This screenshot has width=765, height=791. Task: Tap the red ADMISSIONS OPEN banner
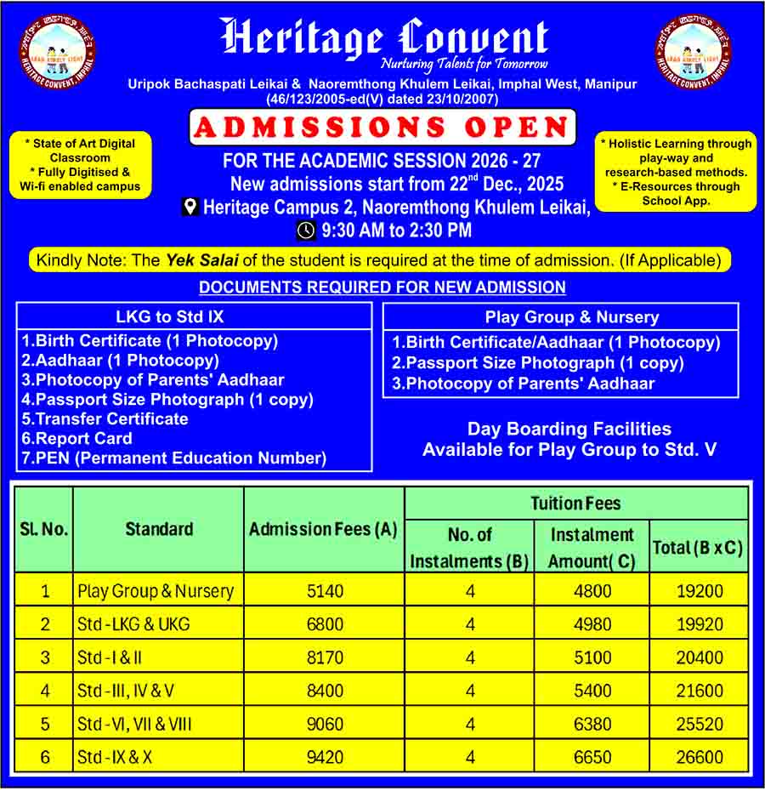(382, 128)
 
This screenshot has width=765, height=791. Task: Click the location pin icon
(190, 207)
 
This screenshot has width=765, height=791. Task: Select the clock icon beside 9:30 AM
(306, 230)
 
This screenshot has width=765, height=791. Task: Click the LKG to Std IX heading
(170, 316)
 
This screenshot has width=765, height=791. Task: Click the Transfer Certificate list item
(105, 418)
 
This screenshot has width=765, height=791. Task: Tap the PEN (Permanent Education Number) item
(174, 458)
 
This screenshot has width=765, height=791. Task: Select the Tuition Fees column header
(575, 504)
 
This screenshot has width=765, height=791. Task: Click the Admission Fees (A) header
(323, 529)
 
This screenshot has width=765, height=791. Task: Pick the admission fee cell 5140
(325, 591)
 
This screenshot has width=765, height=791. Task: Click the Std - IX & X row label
(115, 757)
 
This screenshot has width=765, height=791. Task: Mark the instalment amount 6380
(592, 724)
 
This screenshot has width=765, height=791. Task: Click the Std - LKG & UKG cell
(133, 624)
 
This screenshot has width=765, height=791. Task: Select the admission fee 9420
(325, 757)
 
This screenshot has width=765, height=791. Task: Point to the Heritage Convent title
(384, 38)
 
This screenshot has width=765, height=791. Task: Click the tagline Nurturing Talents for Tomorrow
(464, 65)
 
